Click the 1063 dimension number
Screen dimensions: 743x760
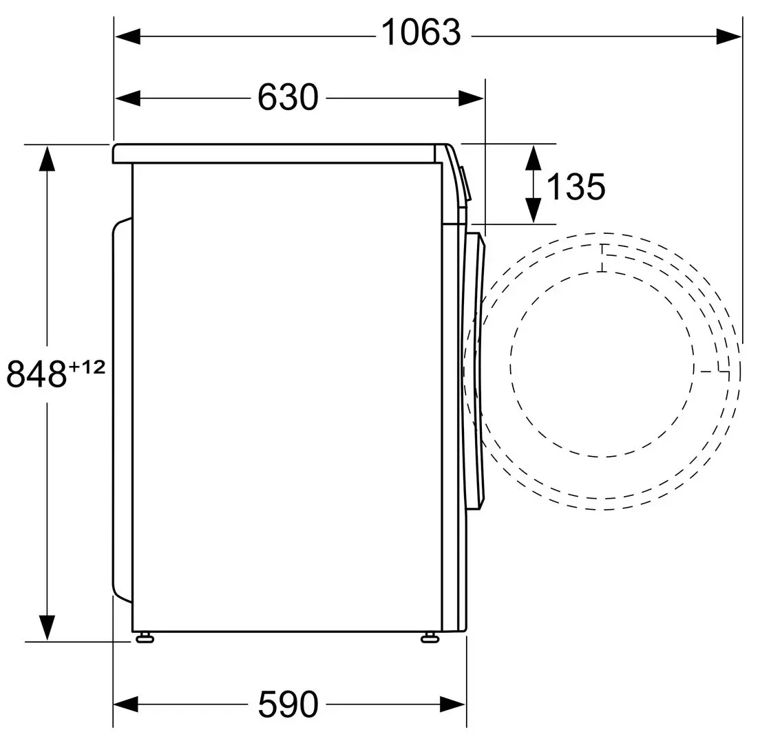coord(421,33)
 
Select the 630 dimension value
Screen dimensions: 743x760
coord(288,97)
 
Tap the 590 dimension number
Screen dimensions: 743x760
coord(288,704)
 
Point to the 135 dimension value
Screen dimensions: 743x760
coord(576,186)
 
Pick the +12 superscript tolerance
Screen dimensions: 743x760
coord(87,367)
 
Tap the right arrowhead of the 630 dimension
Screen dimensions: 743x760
coord(472,98)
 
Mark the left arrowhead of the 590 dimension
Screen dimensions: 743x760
coord(127,704)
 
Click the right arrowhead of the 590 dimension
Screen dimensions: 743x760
coord(452,704)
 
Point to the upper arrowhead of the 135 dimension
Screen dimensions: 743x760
coord(533,158)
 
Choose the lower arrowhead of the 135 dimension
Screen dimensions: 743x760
coord(533,210)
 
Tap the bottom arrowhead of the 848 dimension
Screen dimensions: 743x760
coord(47,626)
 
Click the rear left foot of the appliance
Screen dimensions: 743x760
coord(145,637)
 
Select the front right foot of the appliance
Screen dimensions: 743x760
coord(428,637)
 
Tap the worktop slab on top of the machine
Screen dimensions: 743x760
coord(275,153)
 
